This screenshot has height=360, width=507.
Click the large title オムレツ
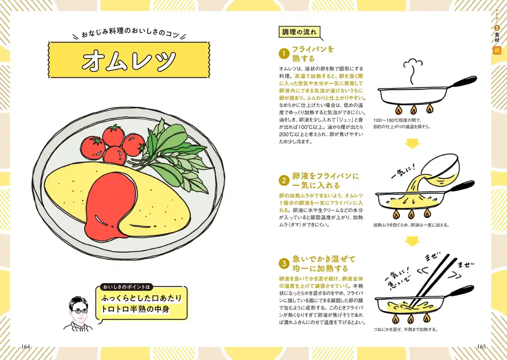129,60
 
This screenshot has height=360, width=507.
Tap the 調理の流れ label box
299,32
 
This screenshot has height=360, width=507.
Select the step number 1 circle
284,54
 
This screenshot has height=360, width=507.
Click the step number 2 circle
284,181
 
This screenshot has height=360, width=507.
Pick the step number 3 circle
284,264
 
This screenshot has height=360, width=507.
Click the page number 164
26,347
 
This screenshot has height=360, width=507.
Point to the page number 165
481,347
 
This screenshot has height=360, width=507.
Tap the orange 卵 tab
497,50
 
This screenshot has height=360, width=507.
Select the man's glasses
80,311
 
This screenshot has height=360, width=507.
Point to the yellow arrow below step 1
412,144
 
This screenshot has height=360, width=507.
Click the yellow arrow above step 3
412,241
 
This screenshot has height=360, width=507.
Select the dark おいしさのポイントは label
126,287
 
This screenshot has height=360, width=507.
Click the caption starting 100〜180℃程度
402,123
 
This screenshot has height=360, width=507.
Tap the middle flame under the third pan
411,319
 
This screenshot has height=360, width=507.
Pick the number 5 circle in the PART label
497,28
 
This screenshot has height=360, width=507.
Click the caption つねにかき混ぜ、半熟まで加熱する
406,329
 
